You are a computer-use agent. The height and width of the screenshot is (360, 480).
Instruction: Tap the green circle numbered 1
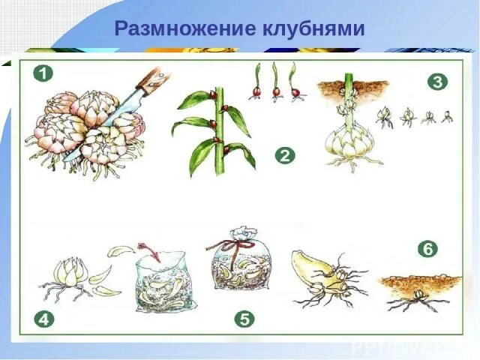point(43,73)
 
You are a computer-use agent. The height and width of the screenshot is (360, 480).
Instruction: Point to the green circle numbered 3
point(438,82)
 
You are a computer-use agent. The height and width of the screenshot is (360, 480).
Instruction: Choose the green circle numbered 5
point(244,319)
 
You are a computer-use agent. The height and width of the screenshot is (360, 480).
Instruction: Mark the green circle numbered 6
point(428,249)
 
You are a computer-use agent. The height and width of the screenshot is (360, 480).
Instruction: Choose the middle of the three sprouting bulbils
point(276,82)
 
